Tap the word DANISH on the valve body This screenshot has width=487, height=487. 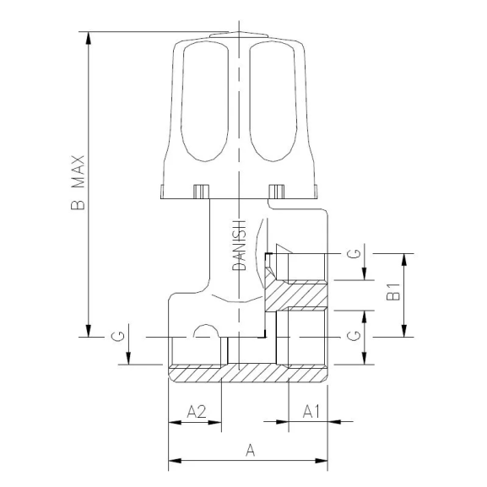click(x=240, y=245)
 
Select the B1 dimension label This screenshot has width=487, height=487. click(x=392, y=295)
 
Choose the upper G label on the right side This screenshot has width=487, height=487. click(x=357, y=253)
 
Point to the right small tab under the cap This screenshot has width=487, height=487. click(x=276, y=191)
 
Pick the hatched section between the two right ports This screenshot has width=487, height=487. click(x=300, y=295)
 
